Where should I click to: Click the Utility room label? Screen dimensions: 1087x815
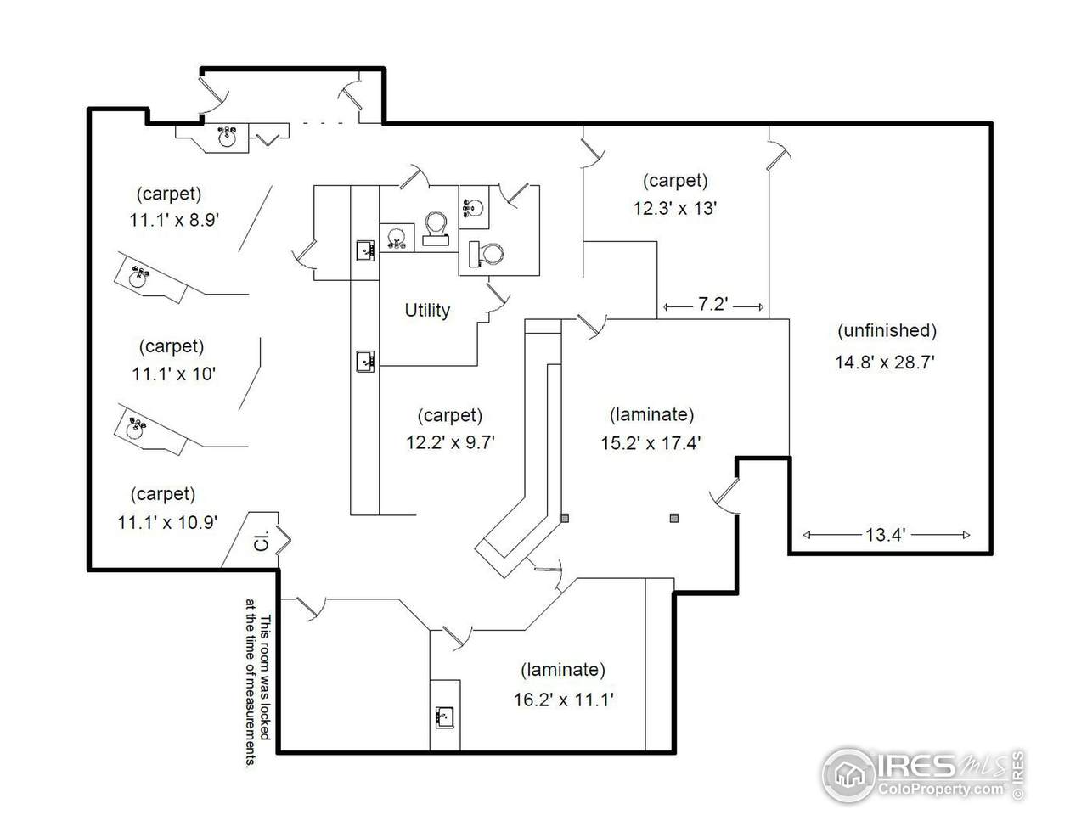click(427, 310)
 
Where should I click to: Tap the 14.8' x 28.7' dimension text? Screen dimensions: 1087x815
click(884, 363)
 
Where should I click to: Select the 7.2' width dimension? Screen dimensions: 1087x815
click(712, 304)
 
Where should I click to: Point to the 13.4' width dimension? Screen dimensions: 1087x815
click(885, 535)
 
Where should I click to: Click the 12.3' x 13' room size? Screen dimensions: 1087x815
click(675, 208)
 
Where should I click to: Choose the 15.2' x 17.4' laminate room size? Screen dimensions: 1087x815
click(651, 443)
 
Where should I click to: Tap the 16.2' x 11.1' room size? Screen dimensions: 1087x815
click(564, 700)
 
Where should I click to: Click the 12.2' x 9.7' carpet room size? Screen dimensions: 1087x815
click(450, 442)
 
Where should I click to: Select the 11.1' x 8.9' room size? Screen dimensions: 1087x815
click(174, 220)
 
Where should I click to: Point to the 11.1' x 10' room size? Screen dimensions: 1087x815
click(173, 374)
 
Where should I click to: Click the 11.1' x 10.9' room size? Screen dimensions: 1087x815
click(167, 522)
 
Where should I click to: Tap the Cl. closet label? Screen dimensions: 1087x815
click(261, 541)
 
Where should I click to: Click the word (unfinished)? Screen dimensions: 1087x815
click(887, 330)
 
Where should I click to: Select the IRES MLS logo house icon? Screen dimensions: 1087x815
click(848, 774)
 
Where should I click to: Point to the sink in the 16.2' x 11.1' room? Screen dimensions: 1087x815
click(444, 717)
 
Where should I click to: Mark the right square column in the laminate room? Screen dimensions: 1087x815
click(673, 518)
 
